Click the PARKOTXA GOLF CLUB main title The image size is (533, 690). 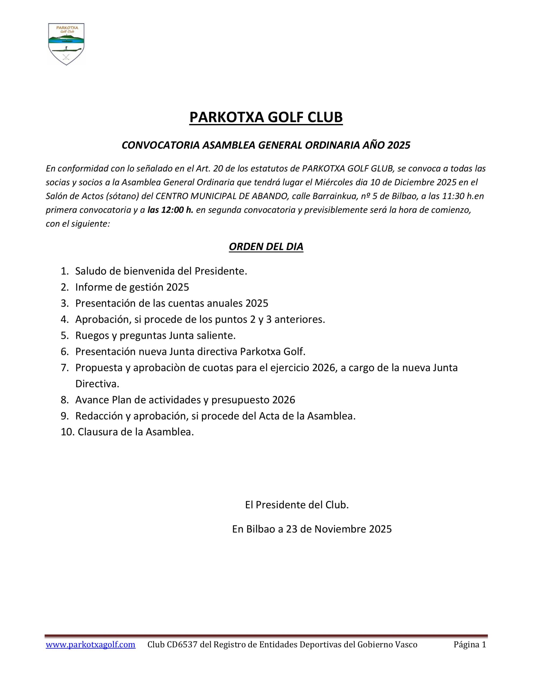pos(266,117)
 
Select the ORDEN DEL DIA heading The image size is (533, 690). pos(266,246)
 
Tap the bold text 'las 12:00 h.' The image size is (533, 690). pos(170,210)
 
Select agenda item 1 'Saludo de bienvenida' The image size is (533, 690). pos(161,271)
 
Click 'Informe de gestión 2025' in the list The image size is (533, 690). pos(132,287)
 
